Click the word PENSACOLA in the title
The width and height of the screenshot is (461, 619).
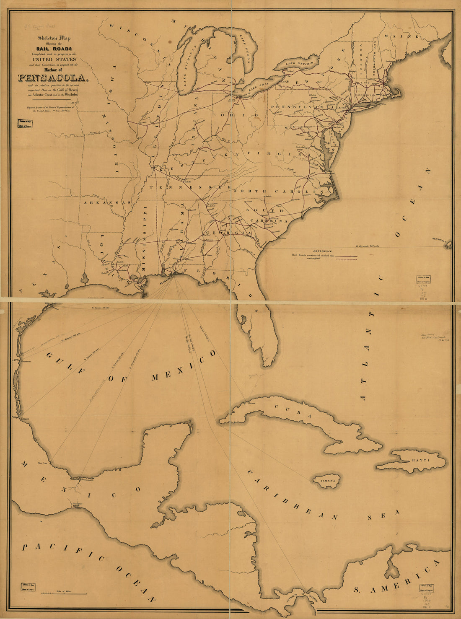(53, 78)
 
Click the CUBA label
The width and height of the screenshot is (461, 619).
(293, 412)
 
